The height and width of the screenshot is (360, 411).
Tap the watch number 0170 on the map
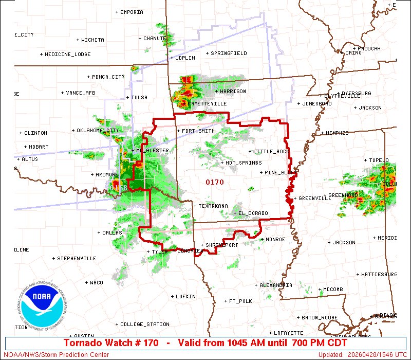(215, 182)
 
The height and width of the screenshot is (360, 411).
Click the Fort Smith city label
(198, 131)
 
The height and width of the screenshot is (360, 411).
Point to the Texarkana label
(213, 206)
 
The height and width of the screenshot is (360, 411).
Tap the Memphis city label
(337, 133)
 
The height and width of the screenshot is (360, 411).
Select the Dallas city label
(112, 233)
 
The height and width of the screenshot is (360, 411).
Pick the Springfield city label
(229, 53)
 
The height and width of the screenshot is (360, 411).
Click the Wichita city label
(92, 40)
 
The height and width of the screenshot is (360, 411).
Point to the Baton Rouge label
(320, 317)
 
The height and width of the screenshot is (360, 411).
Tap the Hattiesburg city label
(379, 275)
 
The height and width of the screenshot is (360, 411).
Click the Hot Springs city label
(244, 163)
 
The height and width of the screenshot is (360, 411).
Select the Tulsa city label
(139, 98)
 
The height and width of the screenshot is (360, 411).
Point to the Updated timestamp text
(362, 355)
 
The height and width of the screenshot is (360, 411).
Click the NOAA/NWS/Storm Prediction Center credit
(55, 355)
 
